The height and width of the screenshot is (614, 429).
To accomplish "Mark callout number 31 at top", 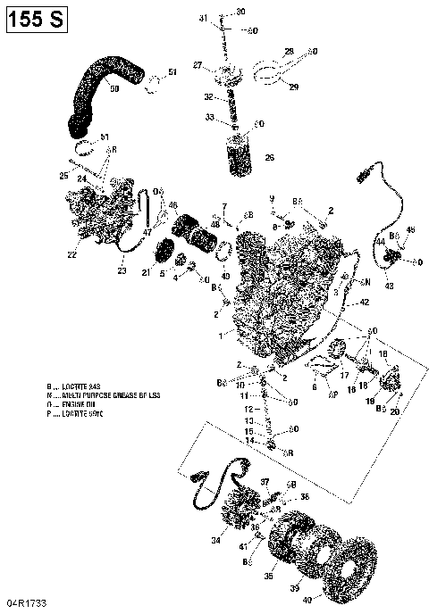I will [x=203, y=18].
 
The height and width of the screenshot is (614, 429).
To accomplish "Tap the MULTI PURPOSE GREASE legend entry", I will [x=95, y=395].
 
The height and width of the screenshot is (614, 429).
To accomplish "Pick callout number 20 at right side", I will [x=395, y=411].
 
